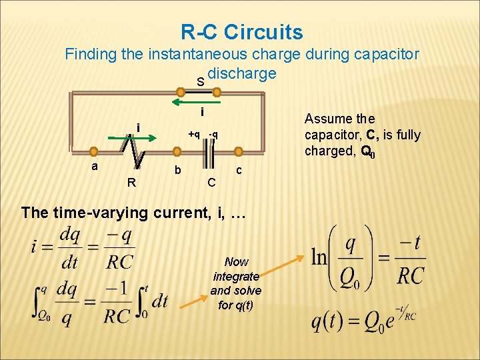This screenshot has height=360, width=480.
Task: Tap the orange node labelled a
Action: [x=95, y=151]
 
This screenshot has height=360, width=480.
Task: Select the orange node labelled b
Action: [x=165, y=151]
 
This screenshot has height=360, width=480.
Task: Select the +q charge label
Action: [x=194, y=135]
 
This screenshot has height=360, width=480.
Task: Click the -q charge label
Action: [x=213, y=135]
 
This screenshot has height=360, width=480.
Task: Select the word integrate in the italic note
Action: [x=236, y=276]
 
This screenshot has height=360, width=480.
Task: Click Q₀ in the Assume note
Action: [x=367, y=151]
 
